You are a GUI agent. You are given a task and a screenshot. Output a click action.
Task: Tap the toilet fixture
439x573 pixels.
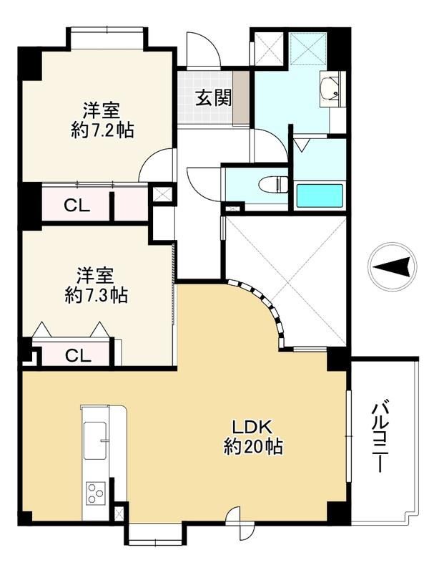273,184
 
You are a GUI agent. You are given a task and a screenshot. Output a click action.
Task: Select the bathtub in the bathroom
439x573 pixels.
320,196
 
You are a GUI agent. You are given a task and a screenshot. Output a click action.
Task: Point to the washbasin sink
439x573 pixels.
330,88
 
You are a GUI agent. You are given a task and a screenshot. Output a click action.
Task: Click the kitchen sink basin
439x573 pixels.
95,440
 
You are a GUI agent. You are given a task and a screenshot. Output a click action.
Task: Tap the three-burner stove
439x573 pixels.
96,493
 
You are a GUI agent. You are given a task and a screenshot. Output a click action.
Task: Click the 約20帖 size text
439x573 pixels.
253,446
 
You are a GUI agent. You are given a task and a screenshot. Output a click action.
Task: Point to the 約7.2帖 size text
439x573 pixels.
102,130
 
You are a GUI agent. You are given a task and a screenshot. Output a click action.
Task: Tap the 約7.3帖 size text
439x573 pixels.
97,294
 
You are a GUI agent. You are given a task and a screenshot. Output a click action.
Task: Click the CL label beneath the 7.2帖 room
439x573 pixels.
77,206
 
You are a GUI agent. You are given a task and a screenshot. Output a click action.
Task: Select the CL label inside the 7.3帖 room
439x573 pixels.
78,355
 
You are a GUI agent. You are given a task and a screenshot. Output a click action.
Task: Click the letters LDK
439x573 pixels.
252,426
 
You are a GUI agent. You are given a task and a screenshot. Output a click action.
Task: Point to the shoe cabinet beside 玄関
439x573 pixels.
241,97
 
